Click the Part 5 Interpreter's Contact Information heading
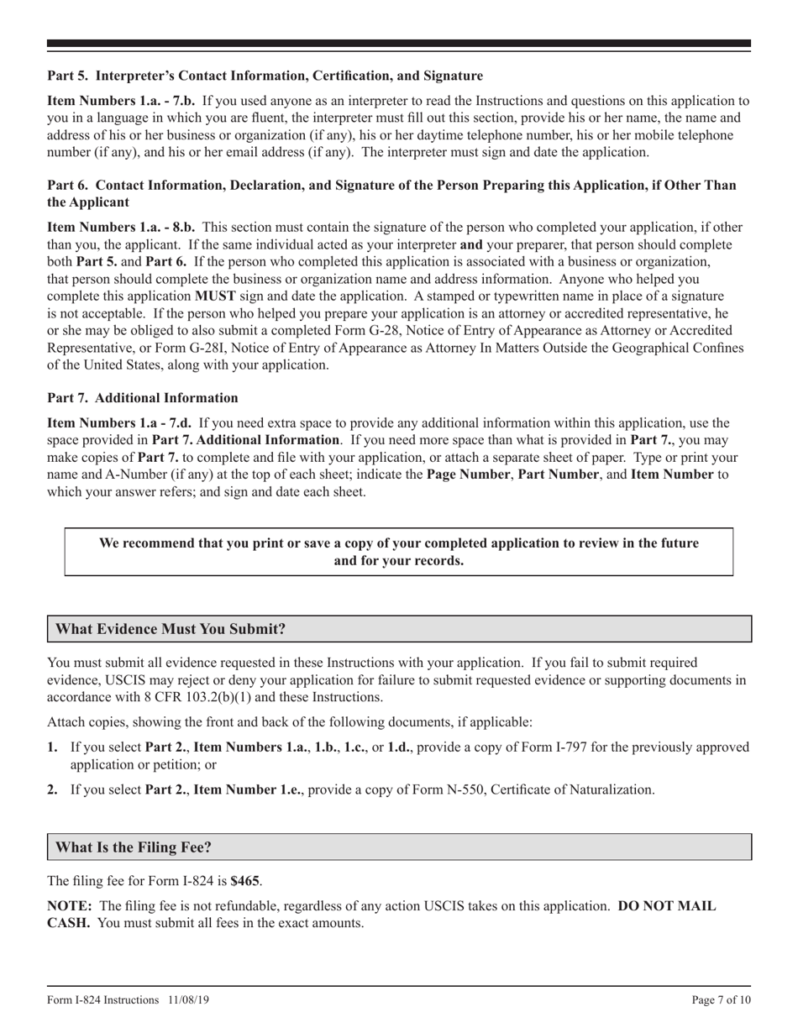(265, 76)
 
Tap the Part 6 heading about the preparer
(391, 193)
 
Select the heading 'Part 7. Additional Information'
(143, 398)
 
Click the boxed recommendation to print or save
(399, 552)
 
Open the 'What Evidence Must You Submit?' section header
(171, 629)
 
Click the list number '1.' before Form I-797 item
(53, 747)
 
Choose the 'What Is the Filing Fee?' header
(134, 847)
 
